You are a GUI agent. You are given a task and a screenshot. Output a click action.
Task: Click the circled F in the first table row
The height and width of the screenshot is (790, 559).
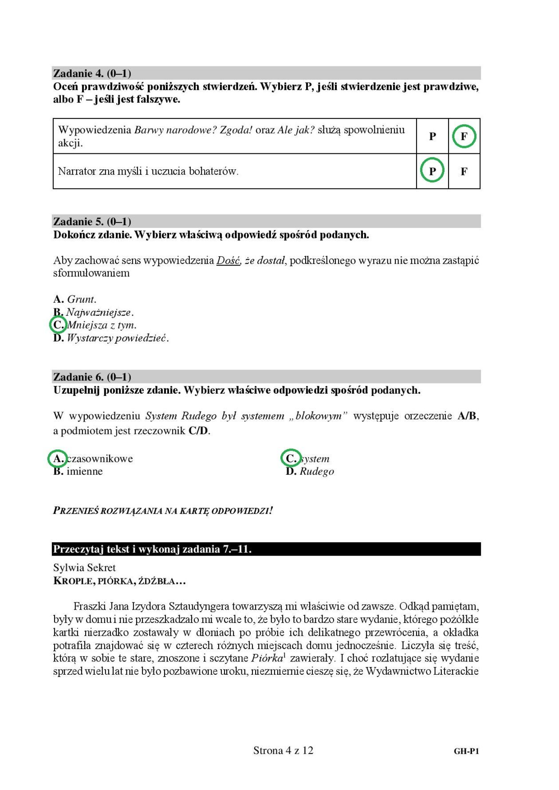click(x=464, y=137)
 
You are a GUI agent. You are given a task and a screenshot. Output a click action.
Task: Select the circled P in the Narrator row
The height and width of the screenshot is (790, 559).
click(x=432, y=171)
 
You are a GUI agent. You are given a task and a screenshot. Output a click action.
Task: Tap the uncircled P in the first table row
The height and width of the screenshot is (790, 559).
click(x=432, y=137)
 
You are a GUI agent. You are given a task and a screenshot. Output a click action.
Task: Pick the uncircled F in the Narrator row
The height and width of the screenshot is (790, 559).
click(x=464, y=171)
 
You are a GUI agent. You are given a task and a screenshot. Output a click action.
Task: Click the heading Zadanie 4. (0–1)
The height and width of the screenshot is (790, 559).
click(x=92, y=73)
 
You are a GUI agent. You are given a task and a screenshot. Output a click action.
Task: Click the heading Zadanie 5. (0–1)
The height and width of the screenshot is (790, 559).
click(x=92, y=221)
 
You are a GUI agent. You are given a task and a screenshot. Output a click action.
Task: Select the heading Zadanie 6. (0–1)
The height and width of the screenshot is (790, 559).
click(x=92, y=377)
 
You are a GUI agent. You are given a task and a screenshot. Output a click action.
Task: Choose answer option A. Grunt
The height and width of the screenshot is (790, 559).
click(x=75, y=299)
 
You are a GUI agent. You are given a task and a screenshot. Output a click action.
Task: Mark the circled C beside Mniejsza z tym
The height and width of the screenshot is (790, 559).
click(x=58, y=325)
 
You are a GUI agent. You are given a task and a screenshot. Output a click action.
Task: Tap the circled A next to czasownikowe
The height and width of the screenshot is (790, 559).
click(x=57, y=458)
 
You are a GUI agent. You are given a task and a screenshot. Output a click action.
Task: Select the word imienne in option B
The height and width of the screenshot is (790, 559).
click(x=84, y=471)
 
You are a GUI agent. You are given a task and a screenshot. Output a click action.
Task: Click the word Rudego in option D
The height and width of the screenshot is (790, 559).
click(x=317, y=471)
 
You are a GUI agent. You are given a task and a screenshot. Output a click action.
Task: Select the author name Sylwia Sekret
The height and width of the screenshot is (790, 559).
click(x=84, y=568)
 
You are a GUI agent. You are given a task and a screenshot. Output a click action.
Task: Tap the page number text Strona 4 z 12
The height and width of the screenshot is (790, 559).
click(x=283, y=751)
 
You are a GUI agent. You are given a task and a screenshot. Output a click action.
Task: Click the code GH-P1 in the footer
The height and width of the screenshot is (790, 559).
click(x=466, y=751)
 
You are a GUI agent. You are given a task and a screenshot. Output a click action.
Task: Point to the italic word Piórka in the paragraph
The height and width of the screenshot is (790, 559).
click(x=267, y=658)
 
